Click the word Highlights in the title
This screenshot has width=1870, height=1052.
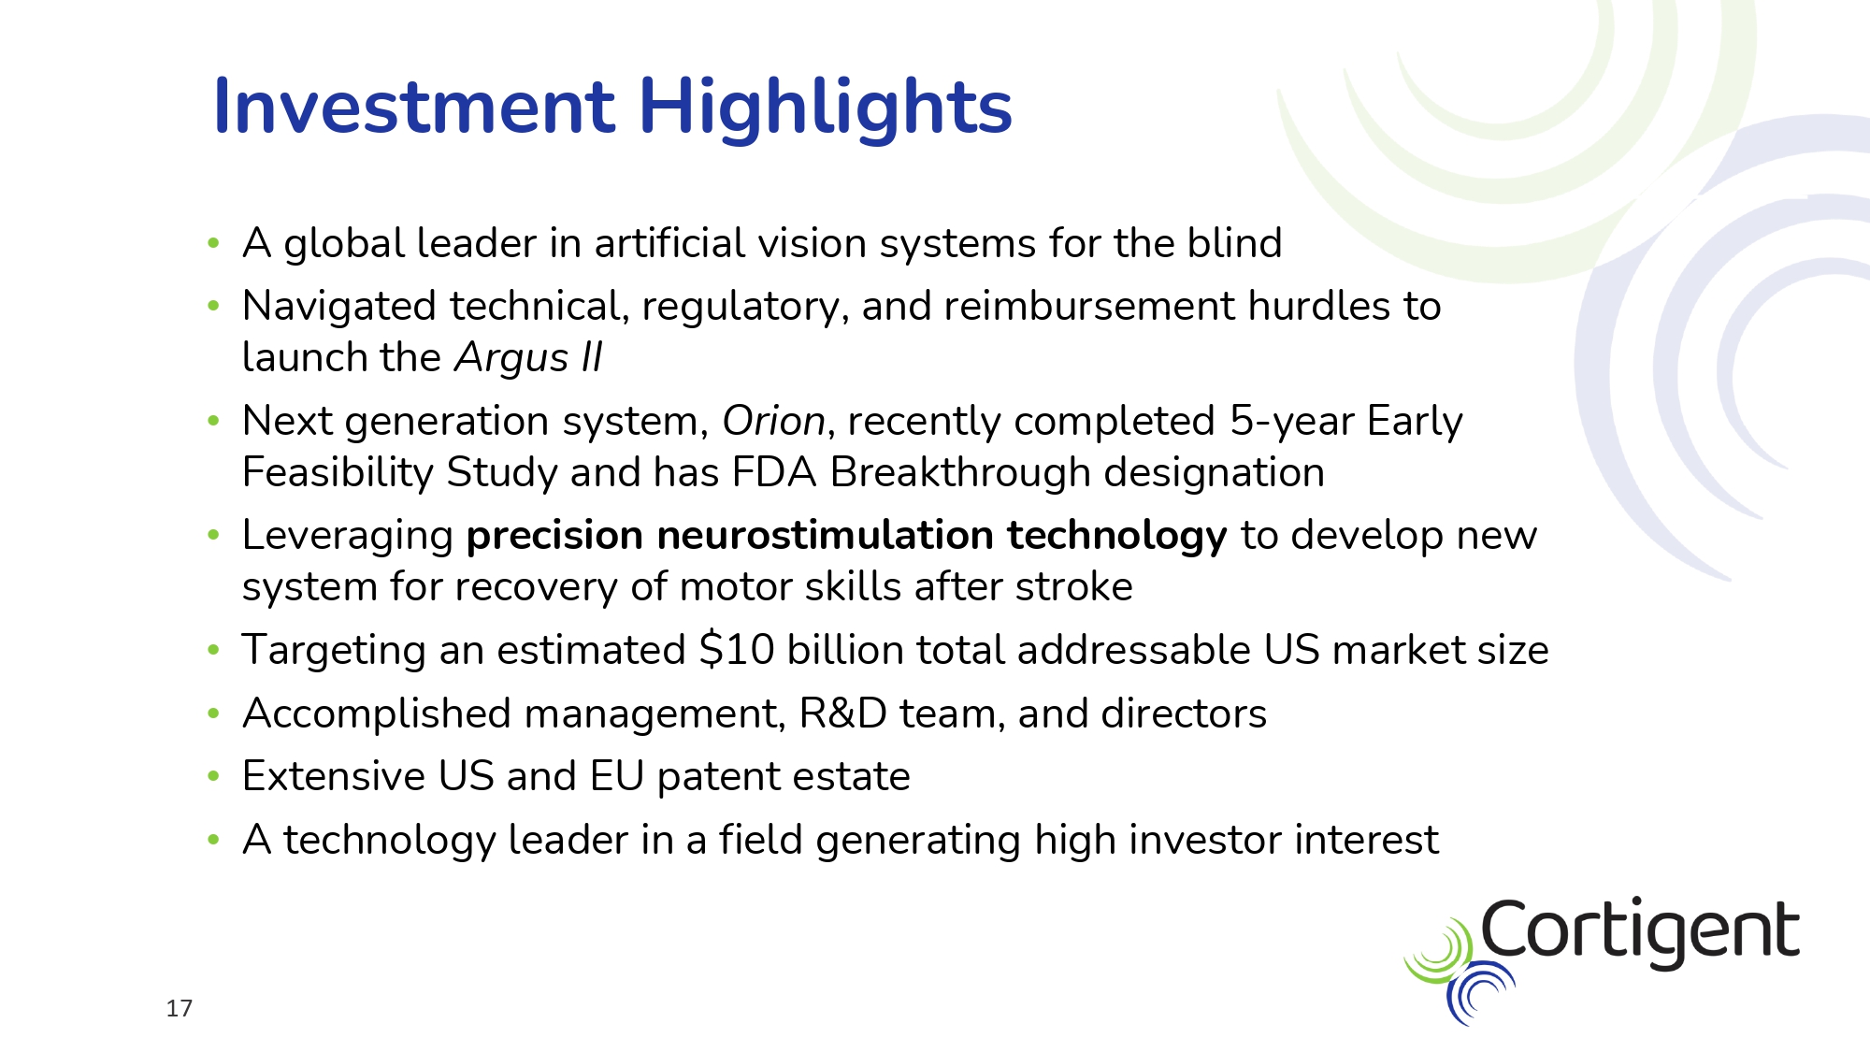pyautogui.click(x=825, y=108)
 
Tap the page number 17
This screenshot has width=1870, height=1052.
pyautogui.click(x=179, y=1008)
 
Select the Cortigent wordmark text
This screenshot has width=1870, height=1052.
pyautogui.click(x=1640, y=931)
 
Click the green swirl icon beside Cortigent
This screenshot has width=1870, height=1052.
pyautogui.click(x=1438, y=952)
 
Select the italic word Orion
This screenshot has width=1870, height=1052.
pyautogui.click(x=773, y=421)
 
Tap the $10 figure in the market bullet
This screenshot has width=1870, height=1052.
pyautogui.click(x=737, y=649)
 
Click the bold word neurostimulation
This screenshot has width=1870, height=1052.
pyautogui.click(x=825, y=535)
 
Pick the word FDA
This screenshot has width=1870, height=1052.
pyautogui.click(x=774, y=472)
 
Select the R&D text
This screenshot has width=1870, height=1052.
pyautogui.click(x=842, y=713)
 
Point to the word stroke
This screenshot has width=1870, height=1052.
pyautogui.click(x=1074, y=586)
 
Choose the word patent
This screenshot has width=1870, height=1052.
pyautogui.click(x=726, y=777)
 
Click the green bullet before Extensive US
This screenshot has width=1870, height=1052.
pyautogui.click(x=213, y=775)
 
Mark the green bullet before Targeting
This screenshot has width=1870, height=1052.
pyautogui.click(x=213, y=649)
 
